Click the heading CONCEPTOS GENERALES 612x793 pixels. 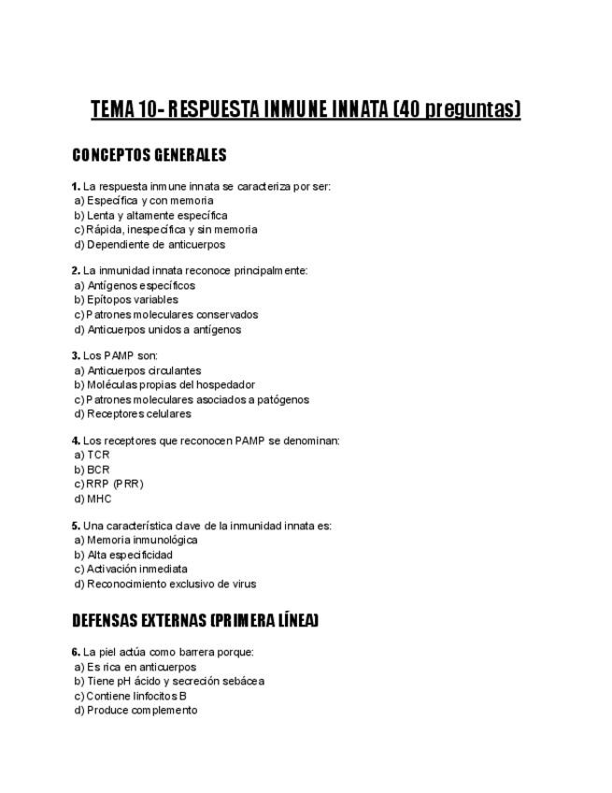tap(149, 155)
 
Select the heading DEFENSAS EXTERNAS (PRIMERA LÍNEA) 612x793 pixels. tap(195, 620)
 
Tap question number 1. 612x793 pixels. tap(76, 186)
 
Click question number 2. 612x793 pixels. tap(76, 270)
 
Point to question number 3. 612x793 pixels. tap(76, 355)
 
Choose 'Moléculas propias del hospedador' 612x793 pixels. tap(170, 384)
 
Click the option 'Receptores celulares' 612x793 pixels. tap(138, 413)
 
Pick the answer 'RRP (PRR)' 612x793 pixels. tap(114, 483)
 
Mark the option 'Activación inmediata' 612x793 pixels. tap(136, 569)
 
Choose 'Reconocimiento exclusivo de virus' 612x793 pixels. tap(171, 584)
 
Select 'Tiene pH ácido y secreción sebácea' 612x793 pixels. tap(175, 681)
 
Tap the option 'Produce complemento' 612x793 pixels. tap(142, 710)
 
